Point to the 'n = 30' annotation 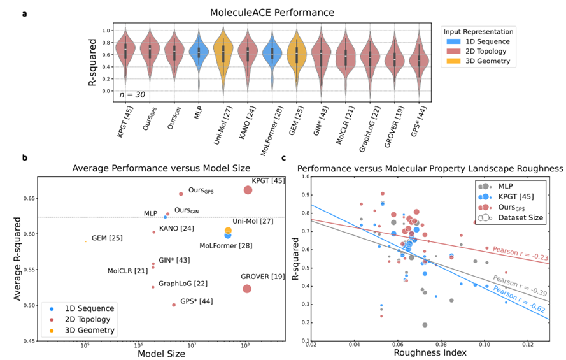click(132, 94)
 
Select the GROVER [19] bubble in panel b click(246, 289)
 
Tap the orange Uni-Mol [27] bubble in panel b click(228, 231)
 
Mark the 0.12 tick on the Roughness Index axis click(528, 344)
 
